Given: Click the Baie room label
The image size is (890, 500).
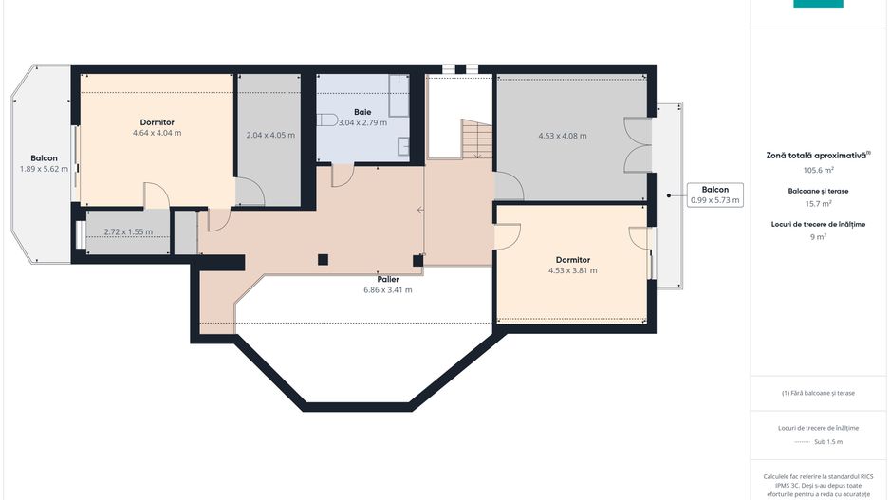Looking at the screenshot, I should (x=362, y=111).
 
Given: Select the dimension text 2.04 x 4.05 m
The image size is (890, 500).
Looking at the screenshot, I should (x=269, y=135).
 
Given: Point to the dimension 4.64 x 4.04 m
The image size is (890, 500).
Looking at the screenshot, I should (x=157, y=133).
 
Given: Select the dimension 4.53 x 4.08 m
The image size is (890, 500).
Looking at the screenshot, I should (x=562, y=136).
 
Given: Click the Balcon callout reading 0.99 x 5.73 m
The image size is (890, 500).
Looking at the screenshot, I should (x=714, y=194).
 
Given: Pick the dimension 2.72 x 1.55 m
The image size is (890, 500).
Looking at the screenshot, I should (x=127, y=231).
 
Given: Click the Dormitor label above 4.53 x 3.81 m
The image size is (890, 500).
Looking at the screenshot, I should (x=573, y=259).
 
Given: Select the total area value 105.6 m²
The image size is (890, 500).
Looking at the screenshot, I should (x=818, y=170).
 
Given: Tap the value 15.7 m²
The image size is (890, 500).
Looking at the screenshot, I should (x=818, y=203).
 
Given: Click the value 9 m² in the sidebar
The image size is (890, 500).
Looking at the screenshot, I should (x=818, y=236).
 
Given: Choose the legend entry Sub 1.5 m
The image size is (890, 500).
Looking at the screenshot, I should (x=818, y=442).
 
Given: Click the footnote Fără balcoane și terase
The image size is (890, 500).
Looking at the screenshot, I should (x=818, y=393).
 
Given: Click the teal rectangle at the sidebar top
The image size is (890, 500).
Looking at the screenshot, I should (x=818, y=4).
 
